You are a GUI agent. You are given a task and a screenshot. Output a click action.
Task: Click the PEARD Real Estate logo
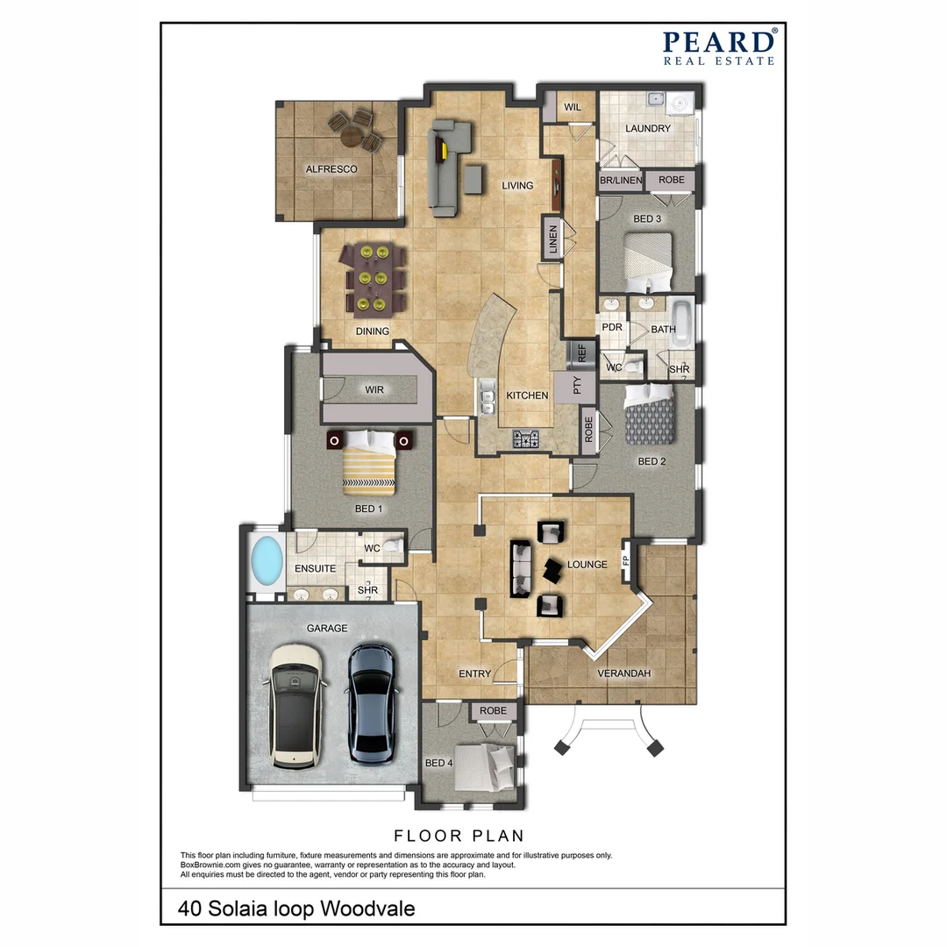click(718, 47)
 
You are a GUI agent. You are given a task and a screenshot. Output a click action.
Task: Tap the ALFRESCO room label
click(331, 169)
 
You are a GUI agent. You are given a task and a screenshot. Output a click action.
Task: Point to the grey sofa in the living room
click(445, 168)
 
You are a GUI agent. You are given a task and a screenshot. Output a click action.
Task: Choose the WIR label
click(375, 389)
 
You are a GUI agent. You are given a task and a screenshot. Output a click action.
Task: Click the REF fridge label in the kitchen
click(580, 353)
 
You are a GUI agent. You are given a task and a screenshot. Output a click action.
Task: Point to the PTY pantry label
click(577, 387)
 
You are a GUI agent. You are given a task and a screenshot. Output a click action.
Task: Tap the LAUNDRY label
click(648, 129)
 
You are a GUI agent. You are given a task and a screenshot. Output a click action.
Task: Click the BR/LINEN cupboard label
click(621, 181)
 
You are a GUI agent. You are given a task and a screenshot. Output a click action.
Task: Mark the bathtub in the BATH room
click(681, 322)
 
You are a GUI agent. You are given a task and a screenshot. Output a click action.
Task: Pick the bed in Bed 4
click(487, 769)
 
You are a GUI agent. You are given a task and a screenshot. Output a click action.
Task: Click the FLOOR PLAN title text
click(459, 835)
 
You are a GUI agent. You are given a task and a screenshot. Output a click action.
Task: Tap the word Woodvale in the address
click(367, 908)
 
